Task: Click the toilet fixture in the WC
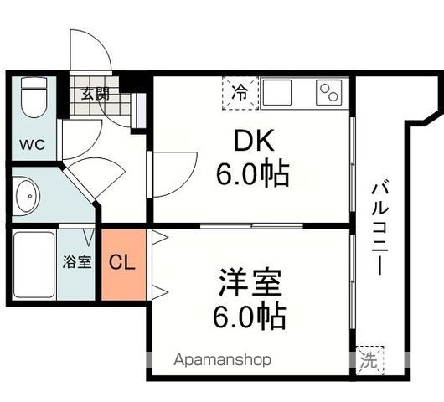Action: coord(34,97)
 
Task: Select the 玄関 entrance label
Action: coord(95,94)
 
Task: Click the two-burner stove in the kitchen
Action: coord(329,93)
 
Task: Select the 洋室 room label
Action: coord(251,281)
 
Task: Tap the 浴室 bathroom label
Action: coord(76,261)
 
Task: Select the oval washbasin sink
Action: coord(26,197)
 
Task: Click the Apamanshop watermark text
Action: coord(223,361)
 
